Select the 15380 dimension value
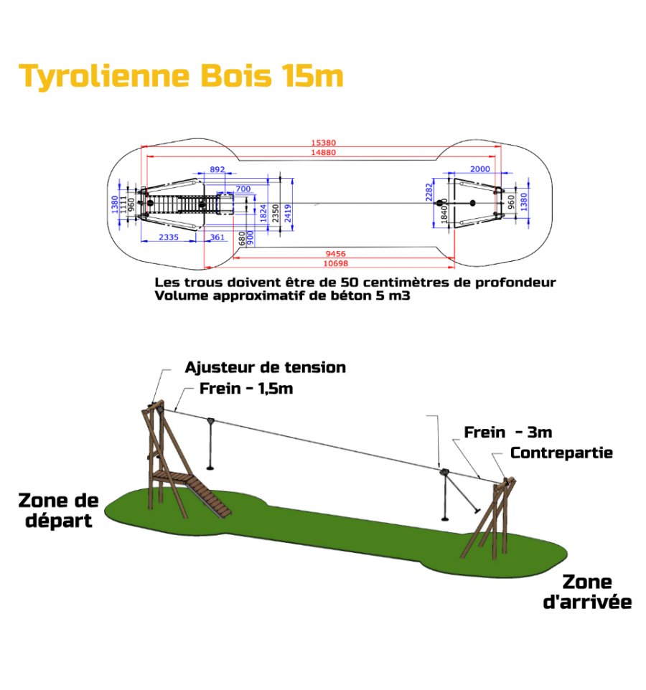[323, 143]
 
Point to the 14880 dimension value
[323, 152]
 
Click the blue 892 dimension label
[217, 169]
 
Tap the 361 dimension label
[217, 237]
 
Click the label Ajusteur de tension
[265, 367]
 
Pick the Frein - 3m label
[507, 432]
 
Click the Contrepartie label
[561, 453]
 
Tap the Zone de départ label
[59, 509]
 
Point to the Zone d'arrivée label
[587, 592]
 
